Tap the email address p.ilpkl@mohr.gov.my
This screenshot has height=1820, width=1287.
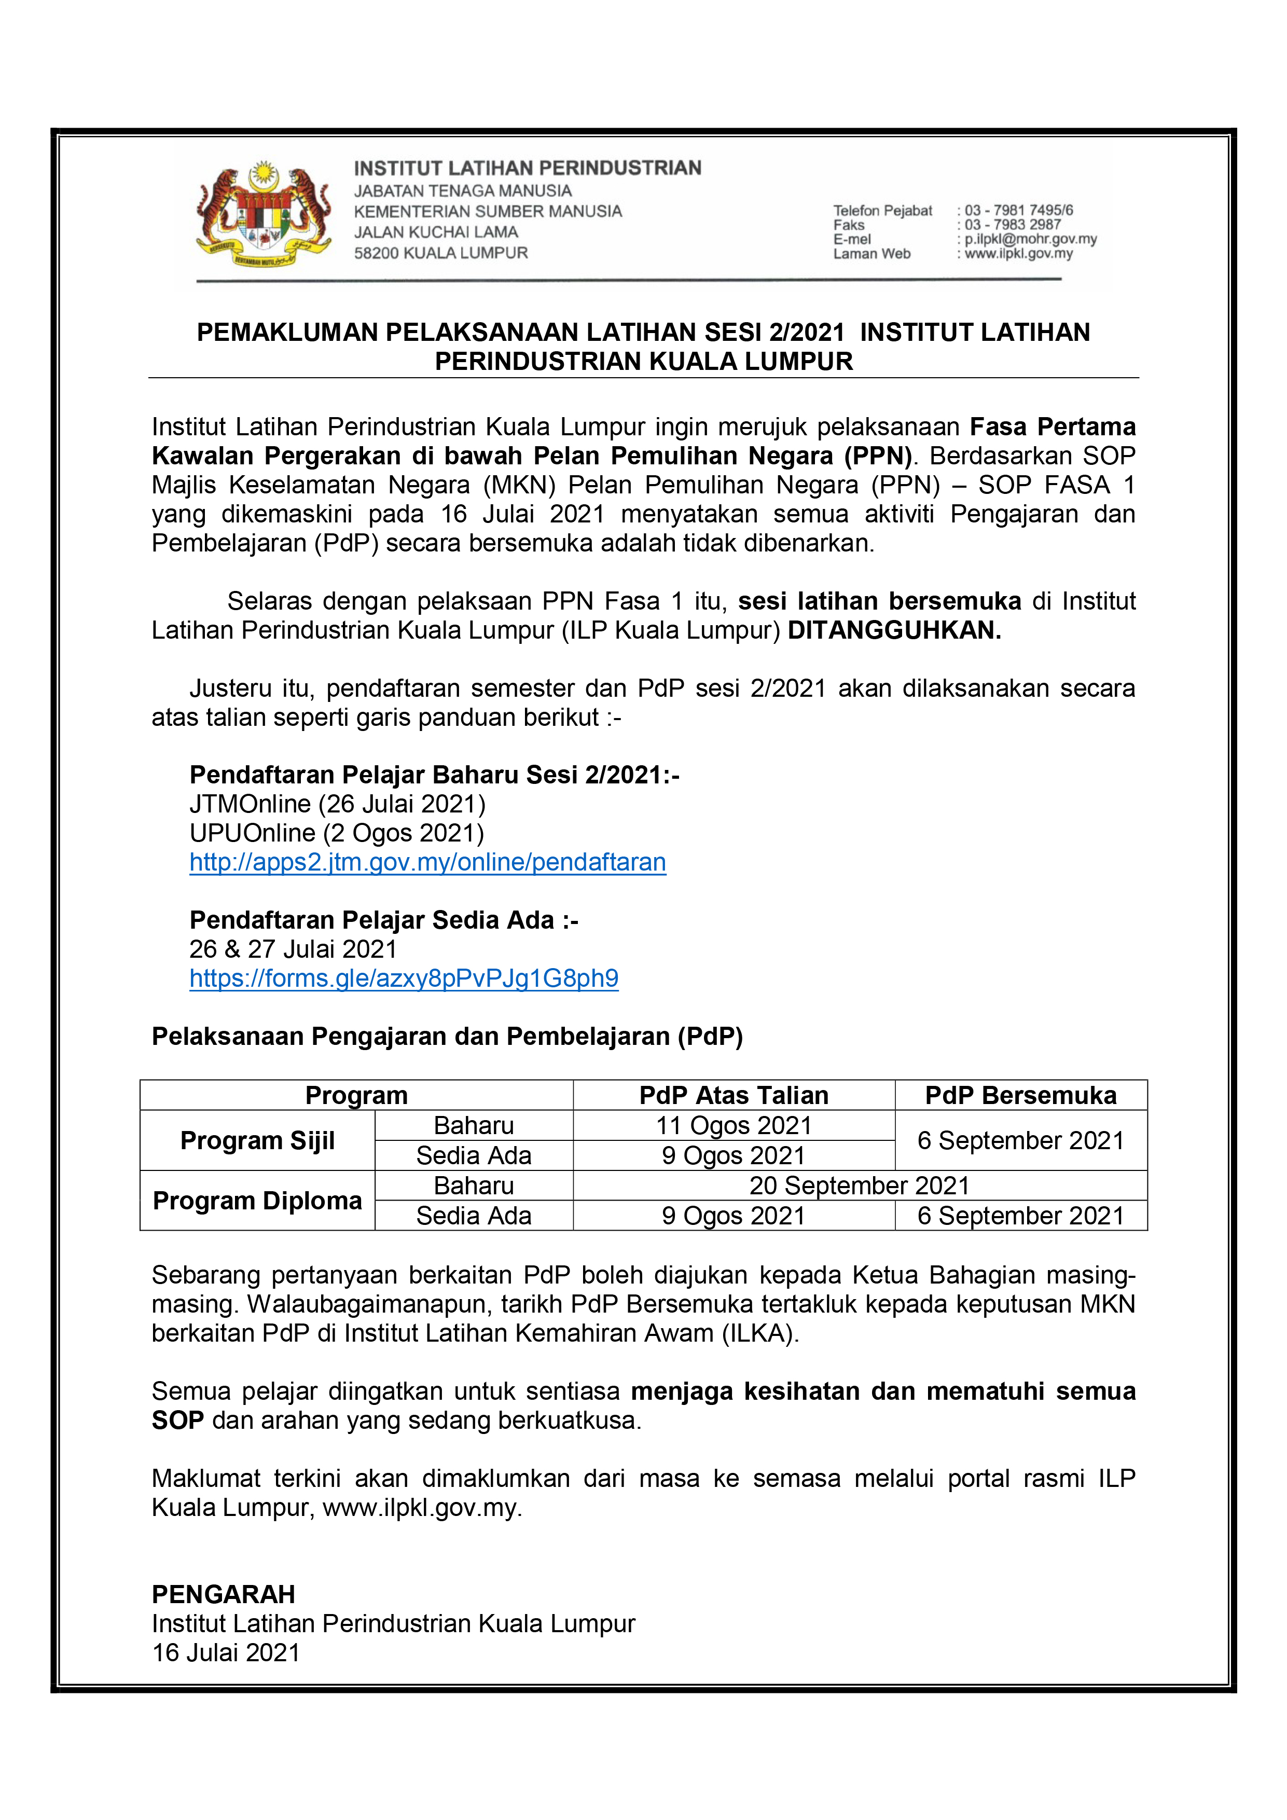click(x=1030, y=239)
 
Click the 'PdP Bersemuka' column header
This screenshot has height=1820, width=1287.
click(x=1021, y=1096)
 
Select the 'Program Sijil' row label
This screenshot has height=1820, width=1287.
click(x=258, y=1141)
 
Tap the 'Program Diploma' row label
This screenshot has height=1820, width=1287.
click(x=258, y=1201)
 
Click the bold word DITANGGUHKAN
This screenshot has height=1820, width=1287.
click(x=894, y=630)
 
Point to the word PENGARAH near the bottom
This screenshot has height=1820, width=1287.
click(x=224, y=1594)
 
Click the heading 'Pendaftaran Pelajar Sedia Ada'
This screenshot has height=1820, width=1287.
click(x=383, y=920)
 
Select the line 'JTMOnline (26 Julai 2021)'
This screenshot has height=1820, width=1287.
click(x=338, y=804)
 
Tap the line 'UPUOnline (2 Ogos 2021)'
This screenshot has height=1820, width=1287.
click(x=337, y=833)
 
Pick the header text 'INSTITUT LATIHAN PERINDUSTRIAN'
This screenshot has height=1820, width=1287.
click(x=527, y=168)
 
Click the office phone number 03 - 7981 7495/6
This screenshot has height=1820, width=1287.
click(x=1018, y=210)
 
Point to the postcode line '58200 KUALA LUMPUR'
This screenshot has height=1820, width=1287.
click(x=440, y=253)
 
